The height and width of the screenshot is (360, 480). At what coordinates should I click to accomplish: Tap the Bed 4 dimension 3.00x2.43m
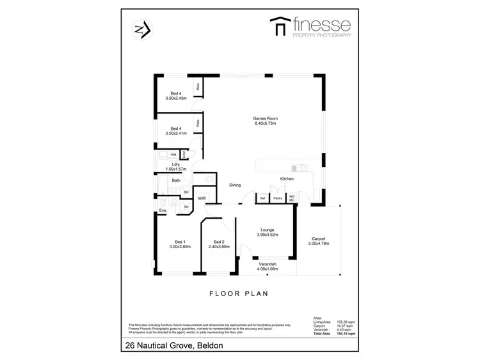(175, 98)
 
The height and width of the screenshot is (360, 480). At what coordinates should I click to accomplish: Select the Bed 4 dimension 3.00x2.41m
(175, 134)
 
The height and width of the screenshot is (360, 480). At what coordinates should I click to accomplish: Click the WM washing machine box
(173, 155)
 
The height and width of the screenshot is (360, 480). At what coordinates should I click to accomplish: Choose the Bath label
(175, 181)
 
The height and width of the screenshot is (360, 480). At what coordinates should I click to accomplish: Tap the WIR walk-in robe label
(201, 199)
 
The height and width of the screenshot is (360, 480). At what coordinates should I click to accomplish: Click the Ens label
(163, 210)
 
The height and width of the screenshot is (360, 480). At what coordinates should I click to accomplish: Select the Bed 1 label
(180, 242)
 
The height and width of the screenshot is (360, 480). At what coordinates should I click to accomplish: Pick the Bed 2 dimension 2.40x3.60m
(218, 246)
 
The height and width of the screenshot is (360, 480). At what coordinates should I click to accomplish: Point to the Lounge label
(267, 229)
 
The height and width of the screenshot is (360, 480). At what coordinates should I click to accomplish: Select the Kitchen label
(286, 178)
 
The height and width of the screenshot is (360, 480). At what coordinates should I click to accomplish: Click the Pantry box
(278, 199)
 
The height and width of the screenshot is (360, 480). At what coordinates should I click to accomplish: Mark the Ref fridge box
(262, 199)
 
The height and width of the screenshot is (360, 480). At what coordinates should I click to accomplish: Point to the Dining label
(235, 185)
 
